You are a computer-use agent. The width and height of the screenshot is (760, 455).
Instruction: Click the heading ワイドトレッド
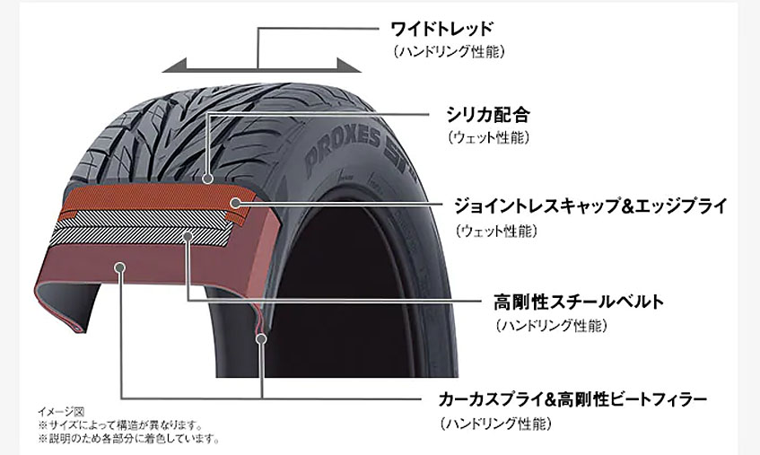[x=441, y=29]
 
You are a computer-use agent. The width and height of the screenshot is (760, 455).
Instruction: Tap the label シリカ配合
[x=487, y=115]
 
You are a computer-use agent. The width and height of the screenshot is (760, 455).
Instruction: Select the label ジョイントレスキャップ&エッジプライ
[x=590, y=206]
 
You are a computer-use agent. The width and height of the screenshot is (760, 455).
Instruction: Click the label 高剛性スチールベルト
[x=578, y=302]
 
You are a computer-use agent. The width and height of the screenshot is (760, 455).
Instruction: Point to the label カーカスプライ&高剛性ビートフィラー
[x=572, y=400]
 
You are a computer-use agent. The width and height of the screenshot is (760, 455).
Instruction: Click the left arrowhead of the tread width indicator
[x=174, y=65]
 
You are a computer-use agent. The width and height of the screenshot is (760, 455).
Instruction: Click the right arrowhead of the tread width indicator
[x=349, y=65]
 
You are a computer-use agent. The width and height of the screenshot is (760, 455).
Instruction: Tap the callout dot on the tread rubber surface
[x=208, y=179]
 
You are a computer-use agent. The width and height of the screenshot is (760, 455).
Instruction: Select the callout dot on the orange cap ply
[x=235, y=203]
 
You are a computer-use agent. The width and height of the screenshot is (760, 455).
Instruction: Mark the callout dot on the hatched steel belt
[x=188, y=236]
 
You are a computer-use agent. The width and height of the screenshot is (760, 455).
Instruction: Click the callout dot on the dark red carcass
[x=120, y=267]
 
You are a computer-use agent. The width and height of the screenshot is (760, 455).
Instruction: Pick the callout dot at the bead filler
[x=261, y=338]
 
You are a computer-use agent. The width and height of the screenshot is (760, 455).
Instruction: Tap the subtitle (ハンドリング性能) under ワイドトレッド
[x=449, y=51]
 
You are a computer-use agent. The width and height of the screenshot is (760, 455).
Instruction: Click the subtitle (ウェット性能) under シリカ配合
[x=488, y=137]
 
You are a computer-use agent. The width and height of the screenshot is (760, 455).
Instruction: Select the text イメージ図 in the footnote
[x=61, y=412]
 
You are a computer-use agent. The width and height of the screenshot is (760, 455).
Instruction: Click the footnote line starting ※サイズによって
[x=120, y=425]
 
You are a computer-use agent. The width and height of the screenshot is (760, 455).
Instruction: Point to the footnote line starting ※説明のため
[x=129, y=439]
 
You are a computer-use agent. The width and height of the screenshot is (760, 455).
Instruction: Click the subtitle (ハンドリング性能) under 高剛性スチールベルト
[x=551, y=326]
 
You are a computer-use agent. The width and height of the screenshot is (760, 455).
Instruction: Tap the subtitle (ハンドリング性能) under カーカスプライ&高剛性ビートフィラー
[x=495, y=424]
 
